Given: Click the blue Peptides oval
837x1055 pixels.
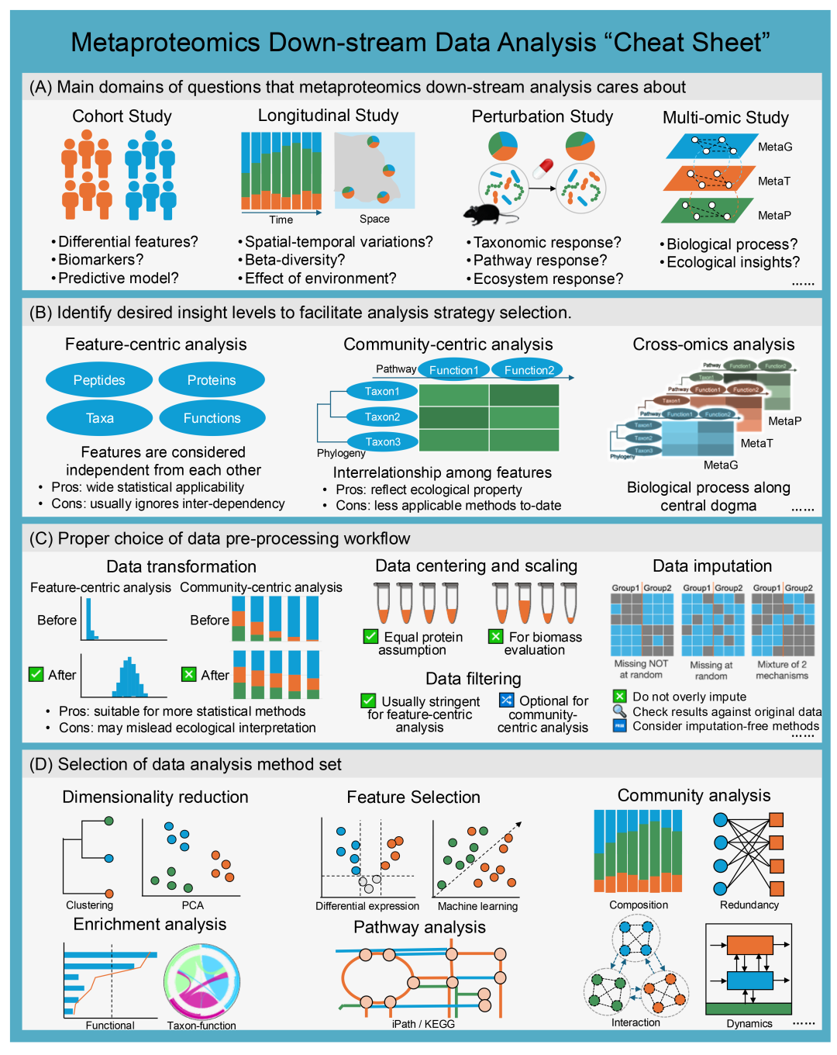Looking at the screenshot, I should (x=99, y=380).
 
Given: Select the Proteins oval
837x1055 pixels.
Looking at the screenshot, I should (x=212, y=380).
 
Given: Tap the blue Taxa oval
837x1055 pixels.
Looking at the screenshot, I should (x=99, y=418).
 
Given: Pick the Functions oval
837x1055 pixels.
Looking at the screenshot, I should (x=212, y=418).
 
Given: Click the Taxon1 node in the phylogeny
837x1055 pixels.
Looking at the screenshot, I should (x=382, y=392).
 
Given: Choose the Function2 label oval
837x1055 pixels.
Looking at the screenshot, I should (x=529, y=370).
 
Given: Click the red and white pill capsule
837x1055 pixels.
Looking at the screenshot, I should (x=542, y=168).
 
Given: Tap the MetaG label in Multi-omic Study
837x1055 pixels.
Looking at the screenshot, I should (x=775, y=147).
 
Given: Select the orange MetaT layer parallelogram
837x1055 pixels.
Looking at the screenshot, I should (x=709, y=178).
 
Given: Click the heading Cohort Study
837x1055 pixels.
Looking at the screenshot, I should (x=122, y=116).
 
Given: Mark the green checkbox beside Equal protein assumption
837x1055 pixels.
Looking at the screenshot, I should (x=370, y=637).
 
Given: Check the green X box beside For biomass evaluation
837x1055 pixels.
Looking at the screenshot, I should (x=496, y=637).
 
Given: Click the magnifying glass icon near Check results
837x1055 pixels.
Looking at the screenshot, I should (x=619, y=711).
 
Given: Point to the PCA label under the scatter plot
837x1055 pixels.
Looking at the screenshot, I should (x=192, y=905).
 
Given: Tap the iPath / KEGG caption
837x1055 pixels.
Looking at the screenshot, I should (x=423, y=1024).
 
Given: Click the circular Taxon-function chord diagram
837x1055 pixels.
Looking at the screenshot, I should (x=202, y=981).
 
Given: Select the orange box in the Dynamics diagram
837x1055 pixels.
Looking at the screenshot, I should (x=749, y=945).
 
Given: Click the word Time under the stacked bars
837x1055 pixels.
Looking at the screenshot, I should (x=281, y=220).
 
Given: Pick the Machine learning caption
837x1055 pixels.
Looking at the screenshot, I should (x=477, y=906).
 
